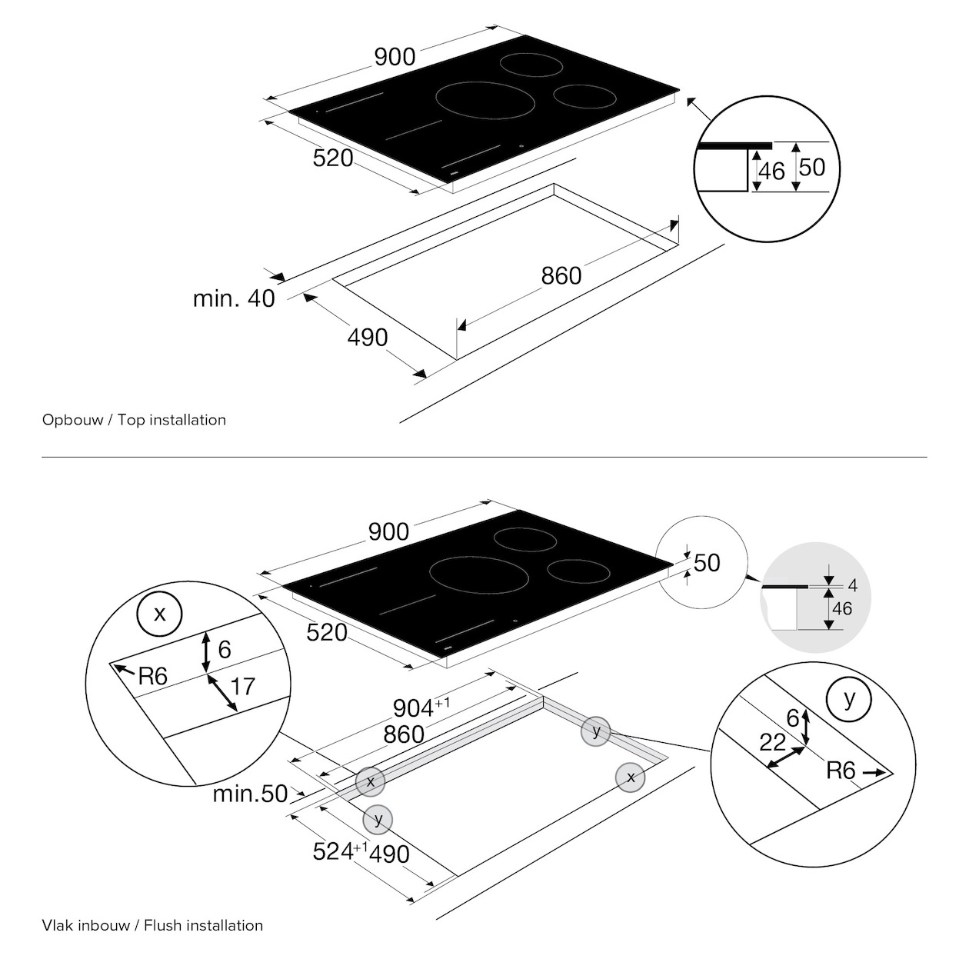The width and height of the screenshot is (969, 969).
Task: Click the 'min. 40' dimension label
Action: [x=234, y=298]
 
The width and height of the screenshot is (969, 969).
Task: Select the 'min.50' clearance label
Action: [x=250, y=794]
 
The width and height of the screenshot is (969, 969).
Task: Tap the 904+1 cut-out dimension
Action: [x=421, y=707]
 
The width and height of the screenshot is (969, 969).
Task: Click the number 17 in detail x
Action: [x=243, y=687]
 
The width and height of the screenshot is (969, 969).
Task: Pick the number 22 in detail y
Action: [x=772, y=742]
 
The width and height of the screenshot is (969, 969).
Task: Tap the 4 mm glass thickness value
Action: [x=852, y=585]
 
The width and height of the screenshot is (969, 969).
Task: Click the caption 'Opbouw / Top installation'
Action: [x=134, y=420]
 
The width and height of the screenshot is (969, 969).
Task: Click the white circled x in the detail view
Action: [x=159, y=614]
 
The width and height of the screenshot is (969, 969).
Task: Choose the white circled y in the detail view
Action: [x=849, y=699]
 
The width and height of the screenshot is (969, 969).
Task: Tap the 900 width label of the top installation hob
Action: [x=395, y=57]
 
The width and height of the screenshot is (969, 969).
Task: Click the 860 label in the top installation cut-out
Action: [x=561, y=275]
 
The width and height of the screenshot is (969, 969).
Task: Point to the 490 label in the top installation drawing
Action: [x=368, y=338]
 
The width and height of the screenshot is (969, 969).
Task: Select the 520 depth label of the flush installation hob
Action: [x=327, y=633]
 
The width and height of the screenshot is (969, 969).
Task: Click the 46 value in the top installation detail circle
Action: [x=772, y=171]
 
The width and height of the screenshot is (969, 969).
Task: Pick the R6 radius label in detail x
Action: [x=152, y=676]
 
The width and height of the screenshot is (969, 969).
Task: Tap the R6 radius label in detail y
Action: [x=841, y=771]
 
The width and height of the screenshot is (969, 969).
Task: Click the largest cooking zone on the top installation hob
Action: [x=484, y=100]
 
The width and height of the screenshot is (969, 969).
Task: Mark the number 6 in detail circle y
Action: [x=793, y=718]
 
